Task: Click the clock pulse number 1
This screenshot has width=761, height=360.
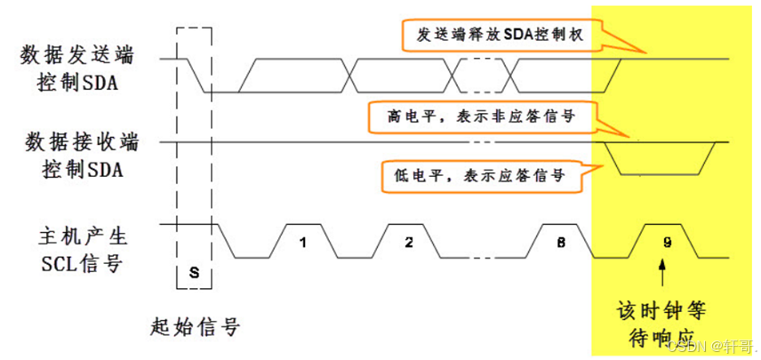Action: (x=302, y=242)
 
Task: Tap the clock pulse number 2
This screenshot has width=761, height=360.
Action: (x=408, y=242)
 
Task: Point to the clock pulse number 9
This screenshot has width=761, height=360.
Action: (x=667, y=242)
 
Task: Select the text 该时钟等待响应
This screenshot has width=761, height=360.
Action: (x=661, y=324)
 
